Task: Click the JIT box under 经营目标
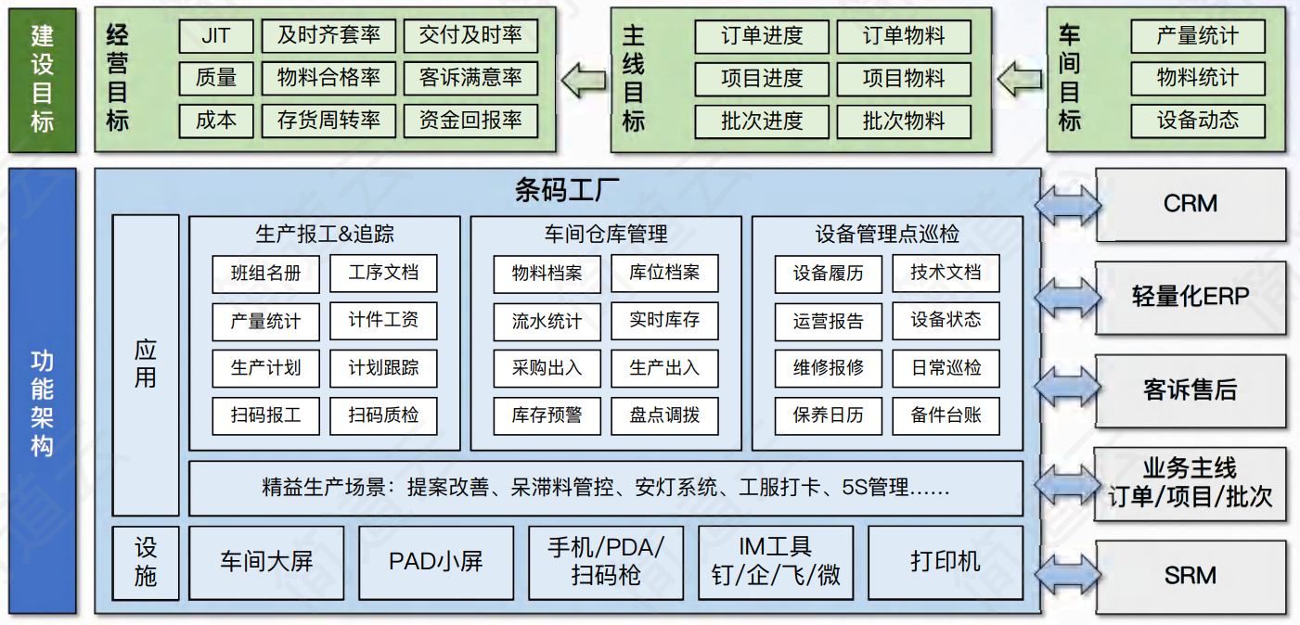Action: [216, 36]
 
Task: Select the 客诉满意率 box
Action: [470, 78]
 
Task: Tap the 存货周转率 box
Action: [328, 121]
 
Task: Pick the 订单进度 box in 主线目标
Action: [762, 36]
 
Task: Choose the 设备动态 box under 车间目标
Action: [1197, 121]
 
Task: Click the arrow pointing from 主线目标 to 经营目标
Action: [584, 80]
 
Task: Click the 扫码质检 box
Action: [383, 415]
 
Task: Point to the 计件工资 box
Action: [383, 321]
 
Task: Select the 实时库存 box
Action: [664, 321]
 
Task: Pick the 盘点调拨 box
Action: [664, 415]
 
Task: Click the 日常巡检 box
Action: [946, 368]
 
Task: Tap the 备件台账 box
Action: [946, 415]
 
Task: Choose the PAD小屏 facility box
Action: [436, 562]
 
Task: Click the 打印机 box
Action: [946, 562]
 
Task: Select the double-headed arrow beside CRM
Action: [1068, 205]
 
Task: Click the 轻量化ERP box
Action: [1191, 297]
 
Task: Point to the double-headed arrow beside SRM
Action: [1068, 576]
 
